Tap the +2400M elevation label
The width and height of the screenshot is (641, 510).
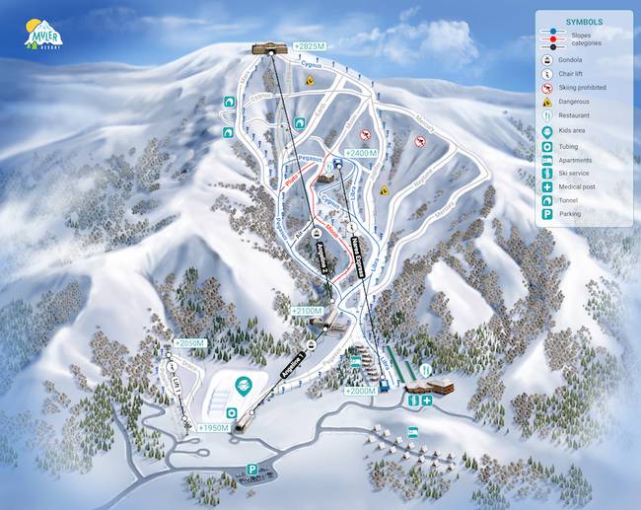[362, 154]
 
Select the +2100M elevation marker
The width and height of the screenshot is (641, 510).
[307, 311]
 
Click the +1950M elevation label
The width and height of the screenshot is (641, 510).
[213, 427]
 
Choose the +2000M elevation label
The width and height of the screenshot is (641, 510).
[361, 391]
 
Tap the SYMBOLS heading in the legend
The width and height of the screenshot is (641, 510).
[585, 21]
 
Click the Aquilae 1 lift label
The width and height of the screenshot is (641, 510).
[294, 368]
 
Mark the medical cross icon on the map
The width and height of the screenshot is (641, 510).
[427, 400]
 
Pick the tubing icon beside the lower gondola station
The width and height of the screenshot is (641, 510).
[231, 411]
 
